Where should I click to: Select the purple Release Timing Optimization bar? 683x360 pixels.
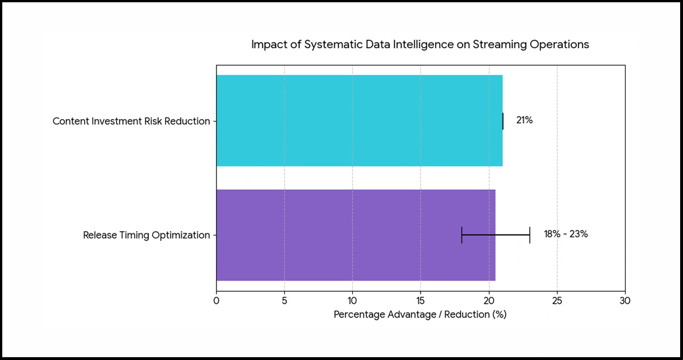[x=356, y=235]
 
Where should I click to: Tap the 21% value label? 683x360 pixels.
[x=524, y=120]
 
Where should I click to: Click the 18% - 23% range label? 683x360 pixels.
[x=565, y=235]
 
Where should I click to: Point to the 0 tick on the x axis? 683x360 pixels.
[x=216, y=300]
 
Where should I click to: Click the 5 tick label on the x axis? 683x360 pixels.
[x=284, y=300]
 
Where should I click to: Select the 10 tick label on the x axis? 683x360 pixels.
[x=352, y=300]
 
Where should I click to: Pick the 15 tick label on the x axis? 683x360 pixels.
[x=420, y=300]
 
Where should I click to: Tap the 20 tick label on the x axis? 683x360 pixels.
[x=489, y=300]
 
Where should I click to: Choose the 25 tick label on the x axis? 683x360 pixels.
[x=557, y=300]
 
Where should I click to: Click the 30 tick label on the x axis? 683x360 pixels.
[x=625, y=300]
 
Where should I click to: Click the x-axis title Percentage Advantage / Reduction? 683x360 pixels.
[x=420, y=314]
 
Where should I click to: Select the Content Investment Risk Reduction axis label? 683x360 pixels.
[x=131, y=122]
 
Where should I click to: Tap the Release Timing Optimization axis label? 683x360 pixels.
[x=147, y=235]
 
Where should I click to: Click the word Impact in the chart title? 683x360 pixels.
[x=266, y=44]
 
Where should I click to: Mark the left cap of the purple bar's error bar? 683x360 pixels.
[x=462, y=235]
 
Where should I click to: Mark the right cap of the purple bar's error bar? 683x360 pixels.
[x=530, y=235]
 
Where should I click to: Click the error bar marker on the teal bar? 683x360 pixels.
[x=503, y=121]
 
